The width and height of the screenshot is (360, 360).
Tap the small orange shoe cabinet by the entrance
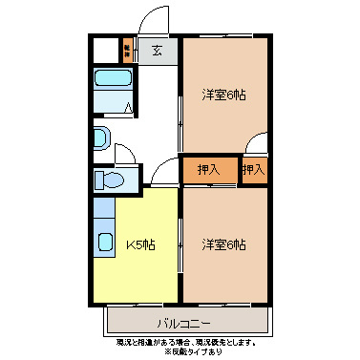(x=127, y=49)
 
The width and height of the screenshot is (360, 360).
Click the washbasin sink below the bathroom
(x=101, y=138)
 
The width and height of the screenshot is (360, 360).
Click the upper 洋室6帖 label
(x=223, y=95)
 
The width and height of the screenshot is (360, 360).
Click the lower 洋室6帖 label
(x=223, y=244)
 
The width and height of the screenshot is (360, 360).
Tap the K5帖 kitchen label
(x=141, y=244)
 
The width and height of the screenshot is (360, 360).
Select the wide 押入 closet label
(x=208, y=170)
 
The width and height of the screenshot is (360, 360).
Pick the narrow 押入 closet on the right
(x=253, y=170)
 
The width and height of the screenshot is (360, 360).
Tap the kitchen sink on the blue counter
(x=103, y=238)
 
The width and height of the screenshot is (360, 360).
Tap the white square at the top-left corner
(x=105, y=50)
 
